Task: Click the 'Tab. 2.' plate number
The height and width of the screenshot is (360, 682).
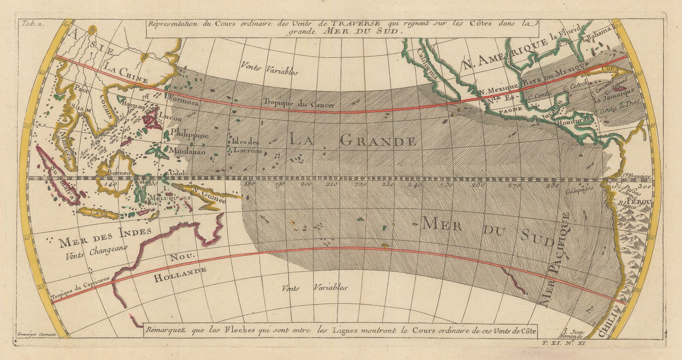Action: coord(32,24)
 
